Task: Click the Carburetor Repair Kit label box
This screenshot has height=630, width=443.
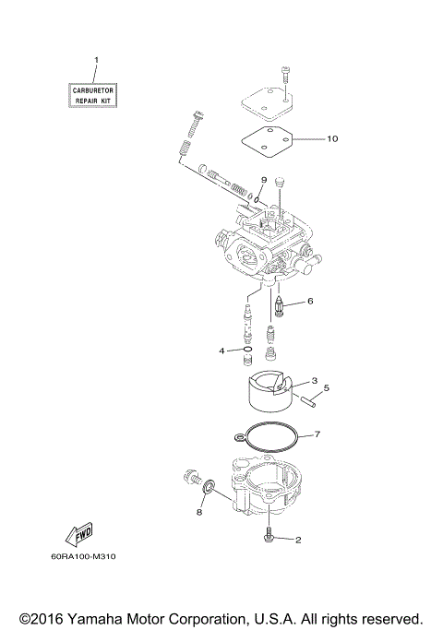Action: point(96,93)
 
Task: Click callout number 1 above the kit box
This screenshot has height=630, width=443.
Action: point(96,61)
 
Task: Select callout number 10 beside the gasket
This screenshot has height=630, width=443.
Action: point(332,139)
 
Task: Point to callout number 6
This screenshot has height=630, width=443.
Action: point(310,301)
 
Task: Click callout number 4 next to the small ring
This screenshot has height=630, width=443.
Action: point(221,351)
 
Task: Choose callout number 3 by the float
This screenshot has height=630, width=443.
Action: point(289,380)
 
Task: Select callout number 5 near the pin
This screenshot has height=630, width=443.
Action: point(326,388)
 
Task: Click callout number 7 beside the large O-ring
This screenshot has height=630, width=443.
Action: point(317,434)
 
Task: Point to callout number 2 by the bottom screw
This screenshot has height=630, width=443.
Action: point(298,541)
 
